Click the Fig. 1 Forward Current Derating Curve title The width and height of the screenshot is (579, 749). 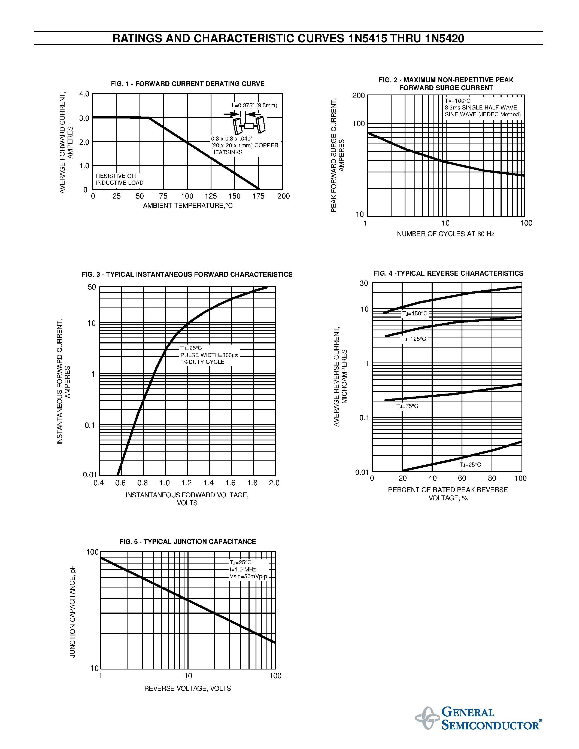(188, 84)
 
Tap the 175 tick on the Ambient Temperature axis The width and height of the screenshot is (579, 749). (258, 196)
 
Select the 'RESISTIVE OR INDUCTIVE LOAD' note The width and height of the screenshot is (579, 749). (119, 179)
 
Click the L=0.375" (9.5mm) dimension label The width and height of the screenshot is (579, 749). (254, 105)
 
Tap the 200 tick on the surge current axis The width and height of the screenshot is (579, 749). (359, 96)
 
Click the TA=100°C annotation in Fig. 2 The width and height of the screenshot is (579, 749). (457, 101)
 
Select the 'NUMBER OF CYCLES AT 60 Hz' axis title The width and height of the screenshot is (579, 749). (445, 234)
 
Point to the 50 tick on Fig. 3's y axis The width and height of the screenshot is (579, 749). (92, 287)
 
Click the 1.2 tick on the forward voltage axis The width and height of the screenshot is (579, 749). (186, 483)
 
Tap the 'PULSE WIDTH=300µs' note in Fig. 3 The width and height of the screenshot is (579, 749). (209, 355)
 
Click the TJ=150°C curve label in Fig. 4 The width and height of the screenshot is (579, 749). (415, 314)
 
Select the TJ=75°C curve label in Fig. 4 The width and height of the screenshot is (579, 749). (407, 406)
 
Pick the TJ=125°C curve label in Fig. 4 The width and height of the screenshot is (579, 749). (414, 339)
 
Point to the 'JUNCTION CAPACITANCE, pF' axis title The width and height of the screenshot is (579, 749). (72, 611)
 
